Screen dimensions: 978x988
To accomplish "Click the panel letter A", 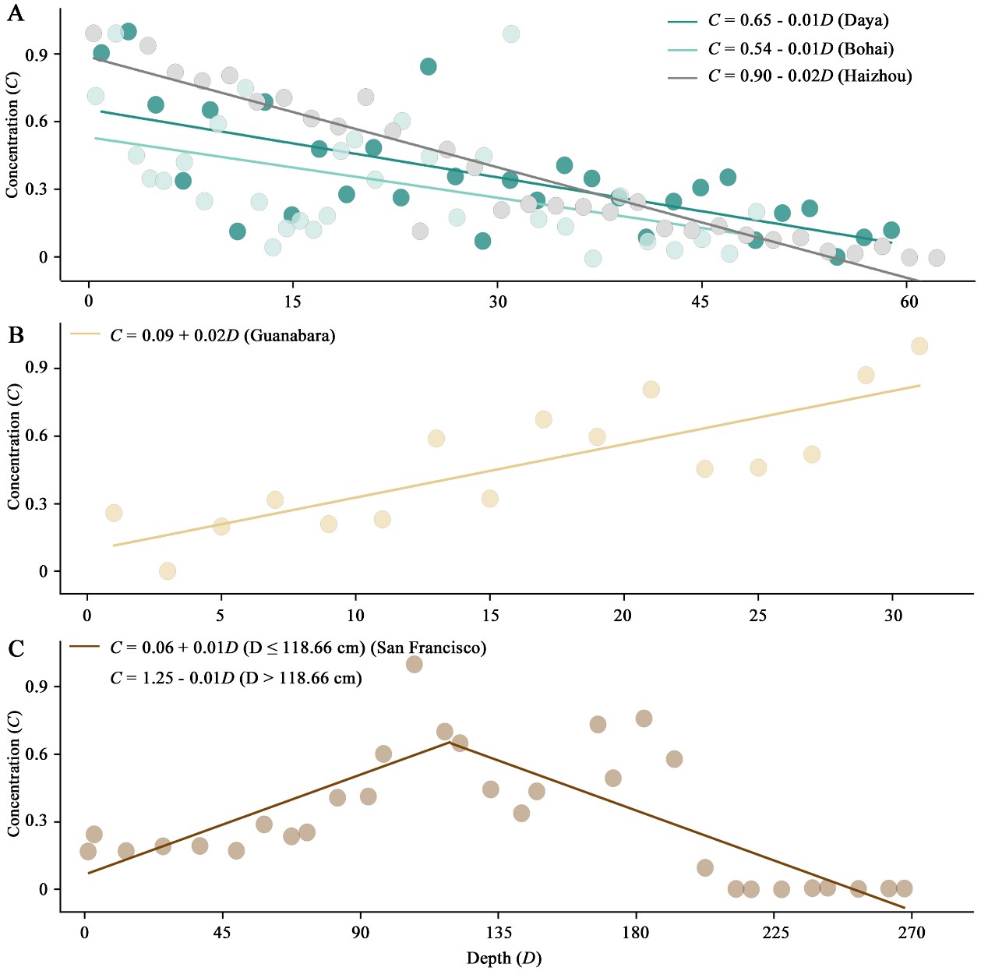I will click(15, 13).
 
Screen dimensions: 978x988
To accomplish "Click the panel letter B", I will click(16, 335).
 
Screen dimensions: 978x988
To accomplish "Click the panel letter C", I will click(16, 648).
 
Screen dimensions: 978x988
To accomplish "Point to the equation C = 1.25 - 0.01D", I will click(235, 678).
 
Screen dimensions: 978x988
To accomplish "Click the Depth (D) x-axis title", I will click(503, 959).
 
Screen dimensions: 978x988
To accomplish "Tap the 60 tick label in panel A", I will click(909, 302).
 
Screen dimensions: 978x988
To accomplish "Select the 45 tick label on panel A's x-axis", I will click(700, 302).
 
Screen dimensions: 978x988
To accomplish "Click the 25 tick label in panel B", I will click(757, 616).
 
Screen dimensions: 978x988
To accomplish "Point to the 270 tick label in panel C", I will click(911, 933).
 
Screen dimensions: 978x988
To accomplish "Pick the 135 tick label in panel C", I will click(499, 933).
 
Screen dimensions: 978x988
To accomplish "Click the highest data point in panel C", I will click(414, 664).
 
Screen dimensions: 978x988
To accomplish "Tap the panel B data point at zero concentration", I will click(168, 571).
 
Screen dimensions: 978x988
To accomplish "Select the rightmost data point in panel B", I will click(919, 346).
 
